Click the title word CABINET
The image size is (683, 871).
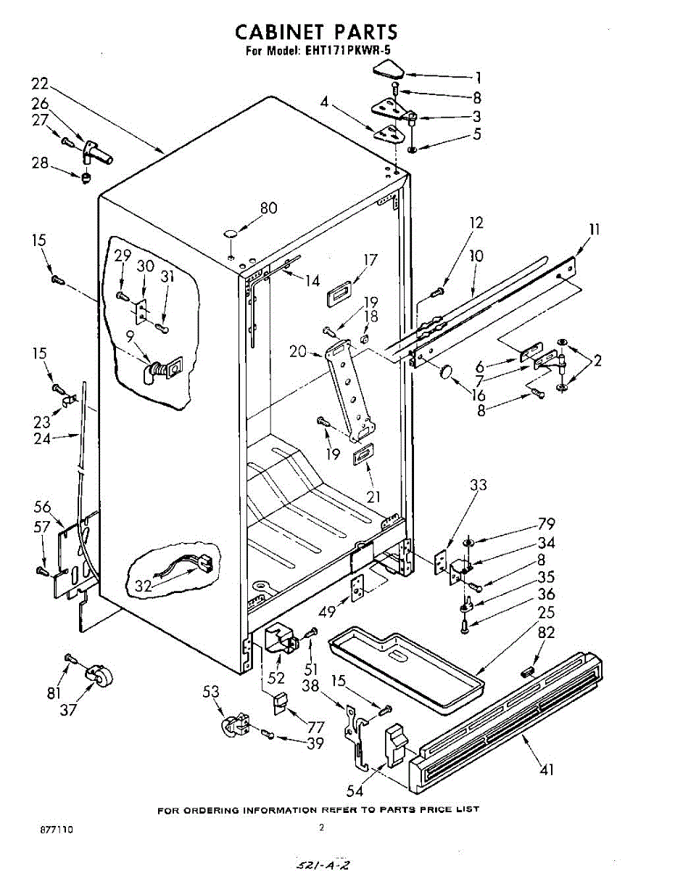tap(278, 32)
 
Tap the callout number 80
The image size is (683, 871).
tap(268, 208)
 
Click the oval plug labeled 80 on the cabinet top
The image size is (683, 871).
tap(231, 234)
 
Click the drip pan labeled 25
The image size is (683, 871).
tap(406, 664)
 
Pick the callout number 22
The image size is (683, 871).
tap(40, 83)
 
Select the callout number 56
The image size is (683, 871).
tap(43, 507)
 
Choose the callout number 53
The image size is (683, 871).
tap(211, 692)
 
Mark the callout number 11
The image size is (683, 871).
tap(595, 230)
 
